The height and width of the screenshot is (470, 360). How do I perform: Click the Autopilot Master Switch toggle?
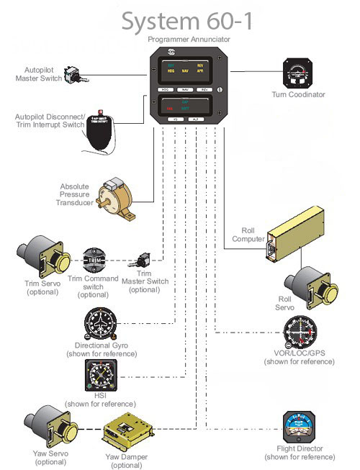click(x=71, y=74)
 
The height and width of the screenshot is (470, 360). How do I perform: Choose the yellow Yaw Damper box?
click(x=129, y=433)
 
